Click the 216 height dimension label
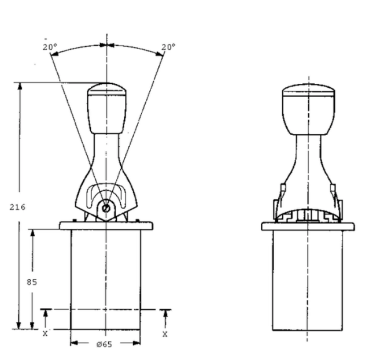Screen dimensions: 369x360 tap(17, 207)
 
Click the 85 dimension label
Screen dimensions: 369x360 tap(32, 282)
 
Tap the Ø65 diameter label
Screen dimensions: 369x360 tap(105, 344)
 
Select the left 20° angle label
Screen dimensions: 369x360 tap(50, 47)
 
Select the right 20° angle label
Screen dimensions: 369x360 tap(168, 47)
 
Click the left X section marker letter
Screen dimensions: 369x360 tap(45, 333)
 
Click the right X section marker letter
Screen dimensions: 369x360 tap(165, 334)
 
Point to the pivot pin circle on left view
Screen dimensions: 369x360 tap(106, 208)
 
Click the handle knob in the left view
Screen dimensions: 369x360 tap(107, 108)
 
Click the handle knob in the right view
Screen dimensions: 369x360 tap(308, 109)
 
